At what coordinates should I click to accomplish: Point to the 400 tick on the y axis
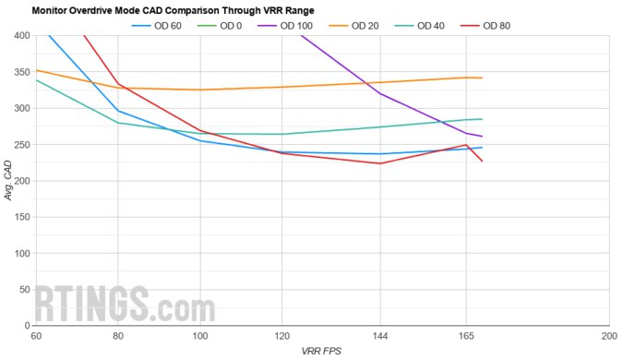pyautogui.click(x=20, y=36)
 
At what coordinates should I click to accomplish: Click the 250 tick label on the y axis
pyautogui.click(x=20, y=145)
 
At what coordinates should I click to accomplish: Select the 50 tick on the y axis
pyautogui.click(x=23, y=290)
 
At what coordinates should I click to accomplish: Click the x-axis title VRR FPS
pyautogui.click(x=321, y=352)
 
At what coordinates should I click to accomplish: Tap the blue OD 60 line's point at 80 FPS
pyautogui.click(x=117, y=111)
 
